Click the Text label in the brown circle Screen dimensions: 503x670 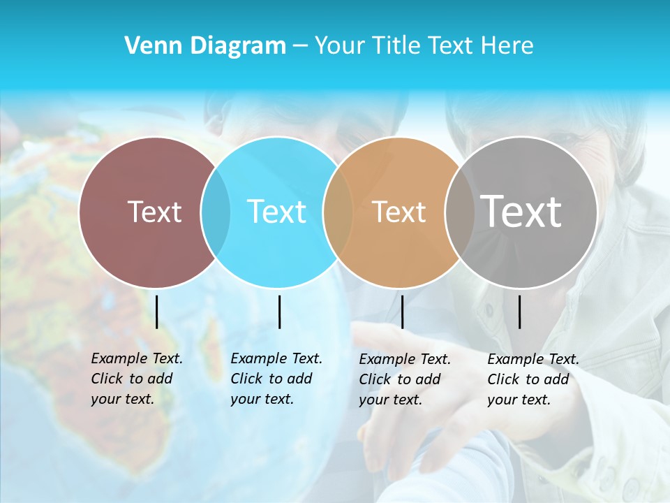pos(154,212)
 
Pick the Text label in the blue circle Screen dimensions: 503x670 pos(277,212)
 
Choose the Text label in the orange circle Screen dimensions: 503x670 pos(399,212)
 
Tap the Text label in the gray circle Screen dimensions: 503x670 pos(521,211)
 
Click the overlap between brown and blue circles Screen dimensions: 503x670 pos(216,212)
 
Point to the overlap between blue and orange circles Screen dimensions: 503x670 pos(338,212)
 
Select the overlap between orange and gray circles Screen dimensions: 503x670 pos(459,212)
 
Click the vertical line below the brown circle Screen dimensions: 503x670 pos(157,312)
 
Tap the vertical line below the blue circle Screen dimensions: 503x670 pos(279,312)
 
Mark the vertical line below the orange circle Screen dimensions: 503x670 pos(402,312)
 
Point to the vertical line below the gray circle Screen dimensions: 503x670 pos(520,312)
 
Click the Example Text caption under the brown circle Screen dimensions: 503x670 pos(136,379)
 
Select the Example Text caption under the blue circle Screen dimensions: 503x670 pos(276,379)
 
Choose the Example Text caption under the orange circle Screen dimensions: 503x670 pos(405,379)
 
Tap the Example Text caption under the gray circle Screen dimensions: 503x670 pos(533,379)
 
